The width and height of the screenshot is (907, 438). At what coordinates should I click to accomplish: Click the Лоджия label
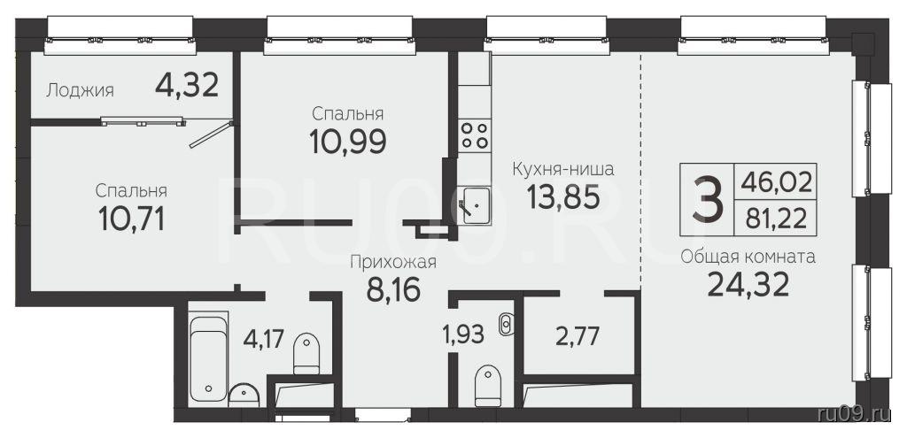[x=80, y=91]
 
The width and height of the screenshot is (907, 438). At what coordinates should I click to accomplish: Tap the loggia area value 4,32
[x=187, y=86]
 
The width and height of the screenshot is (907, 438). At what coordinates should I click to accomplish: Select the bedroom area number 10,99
[x=347, y=141]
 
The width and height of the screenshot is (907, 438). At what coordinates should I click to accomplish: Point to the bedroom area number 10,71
[x=132, y=219]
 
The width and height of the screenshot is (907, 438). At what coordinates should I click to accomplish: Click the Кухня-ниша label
[x=562, y=170]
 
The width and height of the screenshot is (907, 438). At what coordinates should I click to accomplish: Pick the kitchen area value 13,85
[x=562, y=197]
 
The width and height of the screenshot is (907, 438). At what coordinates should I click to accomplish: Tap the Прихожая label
[x=392, y=263]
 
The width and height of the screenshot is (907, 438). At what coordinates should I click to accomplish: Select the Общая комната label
[x=748, y=257]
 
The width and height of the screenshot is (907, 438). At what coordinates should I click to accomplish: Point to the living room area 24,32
[x=748, y=284]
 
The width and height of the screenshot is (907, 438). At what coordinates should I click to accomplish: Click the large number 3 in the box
[x=707, y=200]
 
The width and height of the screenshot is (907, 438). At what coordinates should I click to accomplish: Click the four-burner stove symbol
[x=475, y=134]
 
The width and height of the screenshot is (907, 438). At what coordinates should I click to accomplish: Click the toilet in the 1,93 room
[x=487, y=386]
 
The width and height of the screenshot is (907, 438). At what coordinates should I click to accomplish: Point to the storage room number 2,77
[x=576, y=336]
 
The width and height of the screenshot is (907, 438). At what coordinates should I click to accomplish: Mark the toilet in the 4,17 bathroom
[x=306, y=354]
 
